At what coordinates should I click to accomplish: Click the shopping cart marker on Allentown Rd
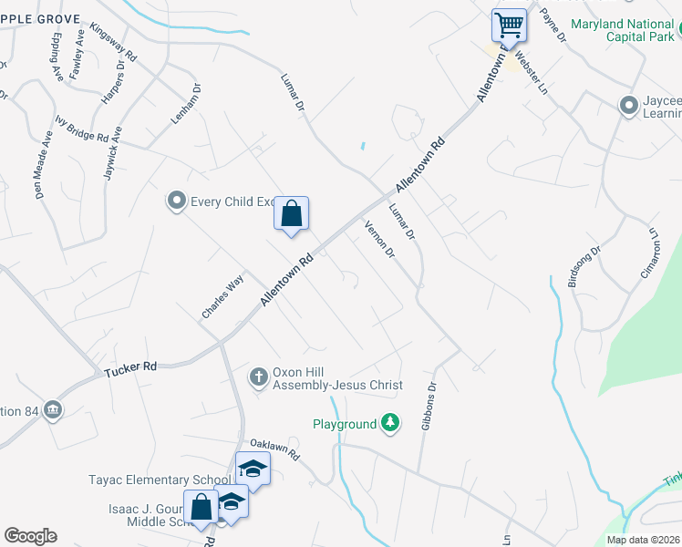click(509, 25)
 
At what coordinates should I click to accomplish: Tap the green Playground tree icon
click(390, 423)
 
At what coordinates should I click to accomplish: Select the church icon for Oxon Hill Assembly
click(259, 377)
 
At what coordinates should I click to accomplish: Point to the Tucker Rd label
click(130, 368)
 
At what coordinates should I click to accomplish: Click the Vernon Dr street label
click(379, 239)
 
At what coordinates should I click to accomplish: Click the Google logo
click(30, 536)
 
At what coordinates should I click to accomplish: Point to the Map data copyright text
click(643, 540)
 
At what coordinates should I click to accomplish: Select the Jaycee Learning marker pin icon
click(627, 106)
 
